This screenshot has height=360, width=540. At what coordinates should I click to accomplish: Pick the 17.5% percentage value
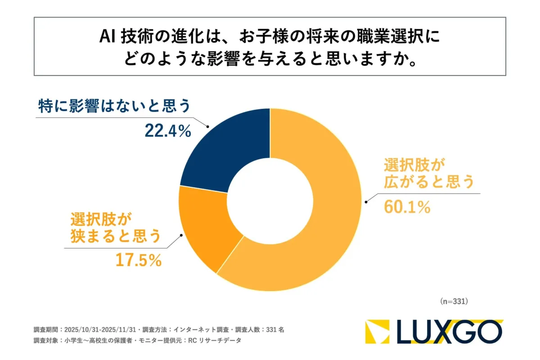pyautogui.click(x=139, y=260)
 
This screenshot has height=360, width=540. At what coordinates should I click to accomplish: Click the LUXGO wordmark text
pyautogui.click(x=450, y=332)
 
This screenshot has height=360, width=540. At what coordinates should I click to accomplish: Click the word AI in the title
pyautogui.click(x=108, y=38)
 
